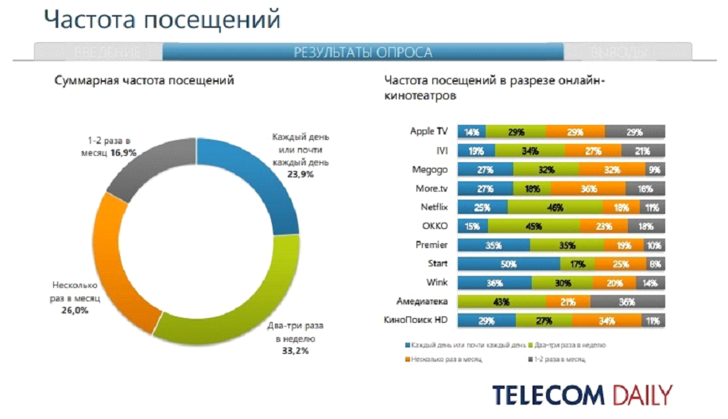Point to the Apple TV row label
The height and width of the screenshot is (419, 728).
(429, 131)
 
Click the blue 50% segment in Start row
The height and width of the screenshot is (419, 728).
(509, 263)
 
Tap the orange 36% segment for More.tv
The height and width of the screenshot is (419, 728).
(590, 188)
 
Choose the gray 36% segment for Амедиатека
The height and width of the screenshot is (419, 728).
(627, 301)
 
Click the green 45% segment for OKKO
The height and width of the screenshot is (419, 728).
(528, 226)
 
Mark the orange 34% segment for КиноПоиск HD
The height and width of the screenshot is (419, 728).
(607, 320)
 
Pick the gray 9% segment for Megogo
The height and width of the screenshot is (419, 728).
(654, 169)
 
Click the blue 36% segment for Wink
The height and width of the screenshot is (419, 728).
(494, 282)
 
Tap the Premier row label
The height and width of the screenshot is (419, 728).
(432, 244)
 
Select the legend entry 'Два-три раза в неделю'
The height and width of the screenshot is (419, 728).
(570, 345)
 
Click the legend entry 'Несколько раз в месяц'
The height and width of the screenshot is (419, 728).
(447, 359)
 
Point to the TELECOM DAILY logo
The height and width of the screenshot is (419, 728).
(582, 394)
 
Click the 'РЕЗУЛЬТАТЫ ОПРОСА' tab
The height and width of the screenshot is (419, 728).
(363, 52)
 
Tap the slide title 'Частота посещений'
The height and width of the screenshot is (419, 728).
(161, 19)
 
